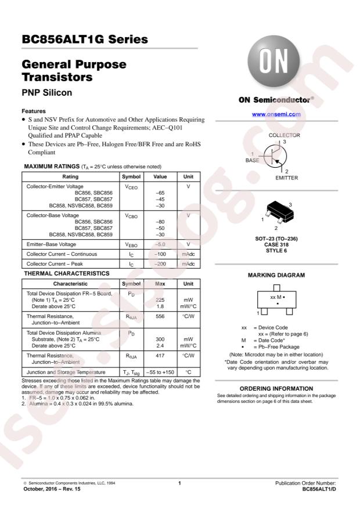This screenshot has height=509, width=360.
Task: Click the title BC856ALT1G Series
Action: (x=84, y=40)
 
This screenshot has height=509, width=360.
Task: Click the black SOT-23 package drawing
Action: (x=275, y=212)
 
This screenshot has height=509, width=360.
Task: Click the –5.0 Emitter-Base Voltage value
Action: (x=156, y=244)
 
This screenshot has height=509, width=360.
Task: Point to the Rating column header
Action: (x=70, y=176)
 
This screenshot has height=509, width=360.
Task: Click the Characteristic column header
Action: (x=70, y=283)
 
